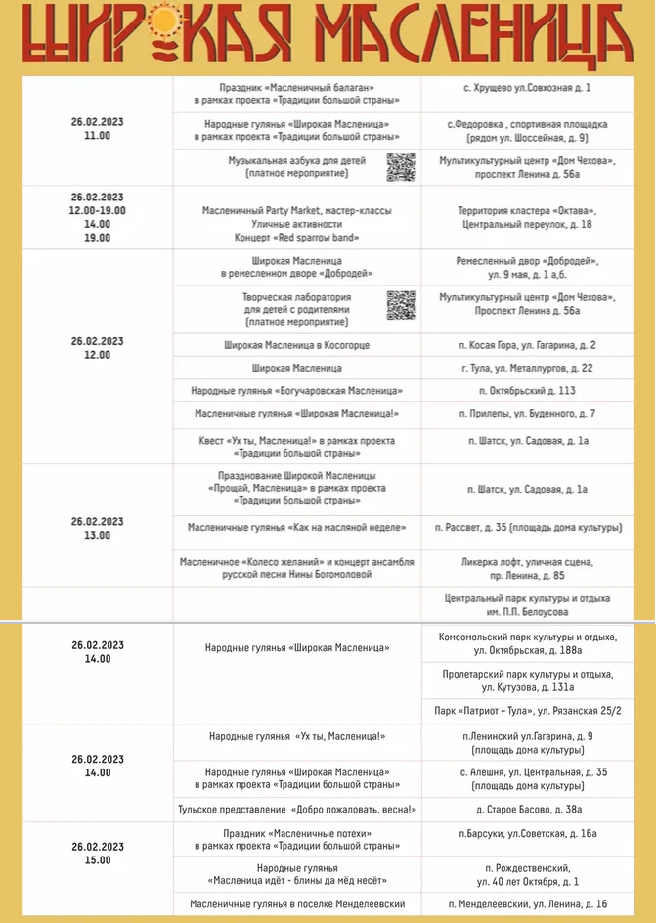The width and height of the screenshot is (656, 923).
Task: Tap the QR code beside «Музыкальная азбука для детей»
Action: (401, 167)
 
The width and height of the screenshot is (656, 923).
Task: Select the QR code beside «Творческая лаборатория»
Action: (401, 305)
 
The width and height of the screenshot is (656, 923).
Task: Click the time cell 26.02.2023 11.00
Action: (97, 129)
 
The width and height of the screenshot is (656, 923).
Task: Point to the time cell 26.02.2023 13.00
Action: (97, 528)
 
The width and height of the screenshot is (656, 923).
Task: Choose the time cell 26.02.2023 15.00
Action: (97, 854)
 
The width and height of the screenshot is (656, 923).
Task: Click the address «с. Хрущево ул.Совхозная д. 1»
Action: (527, 88)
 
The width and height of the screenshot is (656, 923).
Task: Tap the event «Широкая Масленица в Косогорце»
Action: (296, 345)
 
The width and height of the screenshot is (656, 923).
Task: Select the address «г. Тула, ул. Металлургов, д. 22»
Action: (527, 369)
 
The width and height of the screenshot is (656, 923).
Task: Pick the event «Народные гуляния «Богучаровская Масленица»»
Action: (296, 391)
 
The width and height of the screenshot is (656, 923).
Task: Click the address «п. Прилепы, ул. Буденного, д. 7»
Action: (527, 414)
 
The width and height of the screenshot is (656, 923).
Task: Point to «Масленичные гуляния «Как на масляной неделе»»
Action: (296, 528)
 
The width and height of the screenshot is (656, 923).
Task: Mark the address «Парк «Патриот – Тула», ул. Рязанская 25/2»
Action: (527, 710)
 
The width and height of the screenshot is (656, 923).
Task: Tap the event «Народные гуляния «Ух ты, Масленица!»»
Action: (296, 736)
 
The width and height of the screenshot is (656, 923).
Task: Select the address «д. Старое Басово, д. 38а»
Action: (527, 810)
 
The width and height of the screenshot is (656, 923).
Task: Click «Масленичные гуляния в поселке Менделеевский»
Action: (296, 904)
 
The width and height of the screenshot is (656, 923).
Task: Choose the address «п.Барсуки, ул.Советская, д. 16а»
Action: (527, 834)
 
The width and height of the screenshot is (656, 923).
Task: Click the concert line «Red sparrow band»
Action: (296, 238)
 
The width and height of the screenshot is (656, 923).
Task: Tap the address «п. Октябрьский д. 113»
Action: (527, 391)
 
